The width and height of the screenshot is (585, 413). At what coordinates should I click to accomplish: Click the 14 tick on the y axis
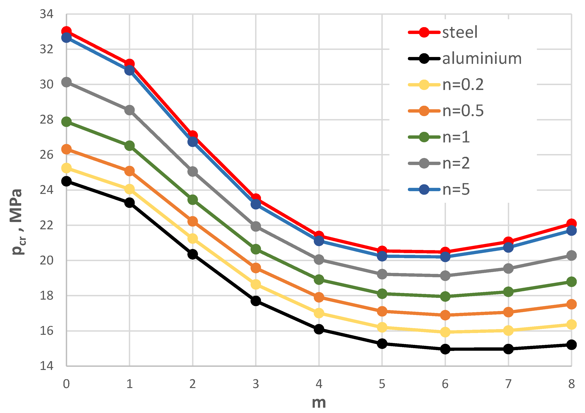tap(47, 366)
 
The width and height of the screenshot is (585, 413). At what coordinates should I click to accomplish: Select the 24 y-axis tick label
tap(47, 190)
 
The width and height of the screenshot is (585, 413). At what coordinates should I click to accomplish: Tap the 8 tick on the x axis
tap(571, 384)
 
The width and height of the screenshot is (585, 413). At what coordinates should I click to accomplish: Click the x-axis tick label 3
tap(256, 384)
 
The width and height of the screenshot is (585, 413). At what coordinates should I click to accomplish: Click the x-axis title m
tap(319, 403)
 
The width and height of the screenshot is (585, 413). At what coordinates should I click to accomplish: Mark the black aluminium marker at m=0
tap(67, 182)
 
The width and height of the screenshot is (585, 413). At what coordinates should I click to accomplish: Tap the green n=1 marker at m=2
tap(193, 200)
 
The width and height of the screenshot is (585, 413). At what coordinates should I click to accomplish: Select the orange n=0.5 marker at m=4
tap(319, 297)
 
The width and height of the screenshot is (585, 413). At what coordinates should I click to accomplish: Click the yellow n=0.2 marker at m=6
tap(445, 332)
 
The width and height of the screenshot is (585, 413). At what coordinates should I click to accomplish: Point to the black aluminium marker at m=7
tap(508, 349)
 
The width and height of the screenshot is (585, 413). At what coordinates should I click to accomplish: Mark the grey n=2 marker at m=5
tap(382, 274)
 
